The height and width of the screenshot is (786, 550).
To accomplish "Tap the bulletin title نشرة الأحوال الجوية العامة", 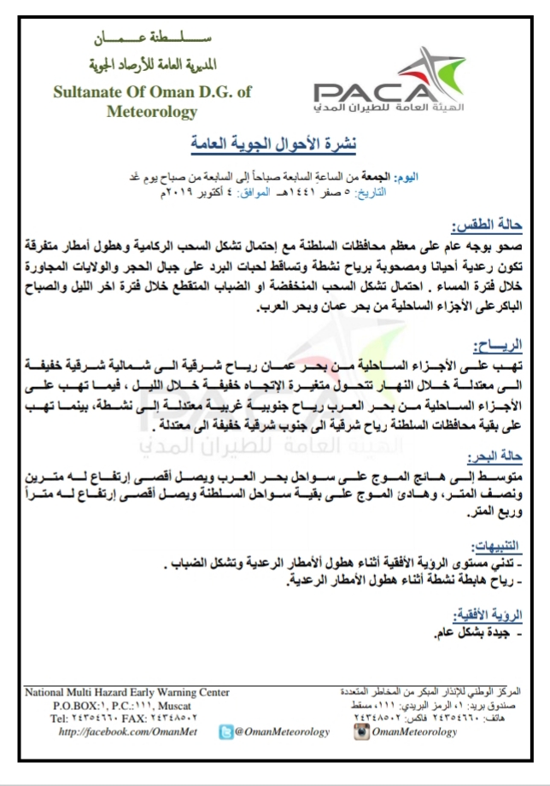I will pos(276,142).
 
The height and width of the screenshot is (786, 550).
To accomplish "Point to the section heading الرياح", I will pos(501,343).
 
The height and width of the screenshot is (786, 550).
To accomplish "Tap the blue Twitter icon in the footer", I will pos(225,731).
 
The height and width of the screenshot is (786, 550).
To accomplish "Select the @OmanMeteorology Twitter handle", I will pos(282,732).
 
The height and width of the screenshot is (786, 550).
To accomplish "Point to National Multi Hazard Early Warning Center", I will pos(127,693).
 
